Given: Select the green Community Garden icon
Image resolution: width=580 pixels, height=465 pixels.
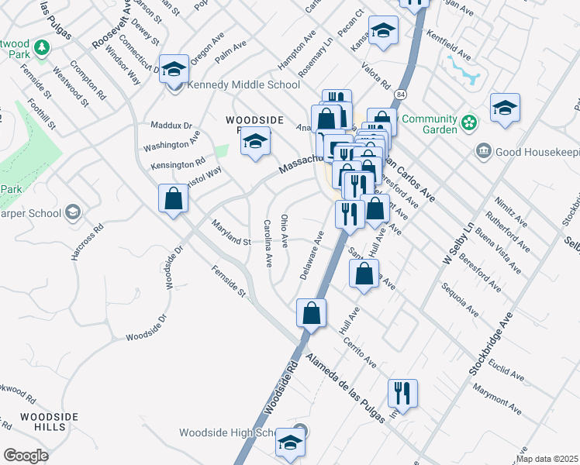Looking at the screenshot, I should pos(468,122).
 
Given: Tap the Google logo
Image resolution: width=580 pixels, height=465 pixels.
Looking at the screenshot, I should pos(26,456).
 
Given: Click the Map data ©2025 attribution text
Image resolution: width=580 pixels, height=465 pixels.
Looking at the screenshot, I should pos(547,459).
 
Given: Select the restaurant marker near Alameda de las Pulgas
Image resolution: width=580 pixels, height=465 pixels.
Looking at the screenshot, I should pos(402,393).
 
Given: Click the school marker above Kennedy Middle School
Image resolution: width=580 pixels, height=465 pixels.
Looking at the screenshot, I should pos(174,69).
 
